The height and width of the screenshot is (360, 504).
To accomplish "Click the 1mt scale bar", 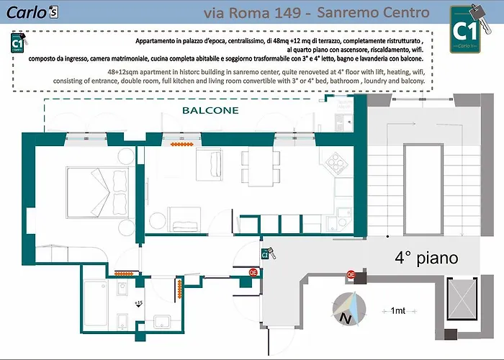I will pyautogui.click(x=397, y=310).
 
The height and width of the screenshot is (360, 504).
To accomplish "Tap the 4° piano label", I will pyautogui.click(x=426, y=257).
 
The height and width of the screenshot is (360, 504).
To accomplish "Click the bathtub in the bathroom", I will pyautogui.click(x=96, y=302).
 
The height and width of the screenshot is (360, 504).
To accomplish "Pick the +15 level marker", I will pyautogui.click(x=138, y=303).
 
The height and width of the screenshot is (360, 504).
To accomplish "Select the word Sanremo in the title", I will pyautogui.click(x=352, y=13).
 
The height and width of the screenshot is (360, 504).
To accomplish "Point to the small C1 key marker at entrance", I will pyautogui.click(x=265, y=253).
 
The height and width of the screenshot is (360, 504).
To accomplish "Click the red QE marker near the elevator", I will pyautogui.click(x=351, y=274).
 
